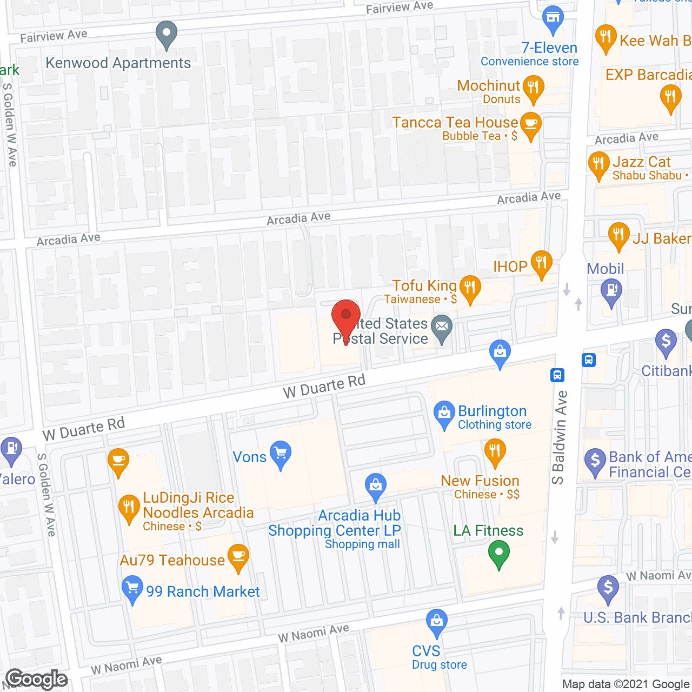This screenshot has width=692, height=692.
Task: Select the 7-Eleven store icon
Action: point(553,19)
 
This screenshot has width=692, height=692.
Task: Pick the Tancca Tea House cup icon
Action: point(530,125)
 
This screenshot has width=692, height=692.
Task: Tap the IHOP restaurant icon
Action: point(541,263)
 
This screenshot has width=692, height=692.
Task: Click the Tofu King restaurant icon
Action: point(470,288)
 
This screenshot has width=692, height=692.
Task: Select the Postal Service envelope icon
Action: point(442,327)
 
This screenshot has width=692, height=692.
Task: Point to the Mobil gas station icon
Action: point(611,291)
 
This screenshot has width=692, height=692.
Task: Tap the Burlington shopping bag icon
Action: point(444,414)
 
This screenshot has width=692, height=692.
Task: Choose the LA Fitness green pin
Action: point(498,554)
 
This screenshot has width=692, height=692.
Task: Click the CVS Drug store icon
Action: point(436,621)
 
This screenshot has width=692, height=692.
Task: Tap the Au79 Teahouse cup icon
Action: point(238,556)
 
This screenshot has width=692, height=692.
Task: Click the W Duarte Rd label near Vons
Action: point(324,387)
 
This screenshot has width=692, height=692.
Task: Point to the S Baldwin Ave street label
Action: point(560,438)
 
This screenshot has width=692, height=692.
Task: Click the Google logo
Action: point(37,680)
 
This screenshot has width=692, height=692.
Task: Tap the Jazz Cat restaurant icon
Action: point(598,164)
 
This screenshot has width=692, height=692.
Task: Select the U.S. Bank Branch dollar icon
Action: point(608,588)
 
